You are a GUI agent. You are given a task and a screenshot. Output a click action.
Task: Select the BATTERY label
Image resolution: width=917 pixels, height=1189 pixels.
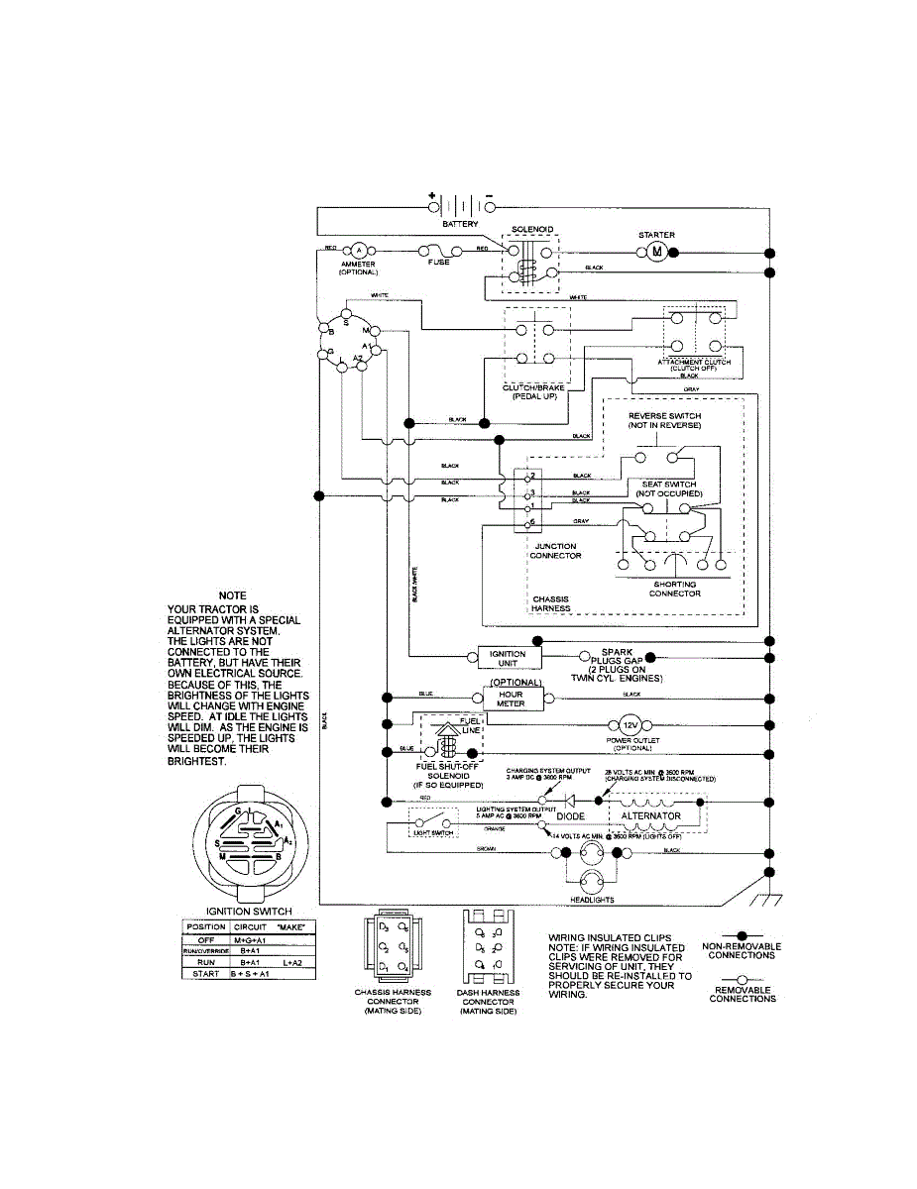460,225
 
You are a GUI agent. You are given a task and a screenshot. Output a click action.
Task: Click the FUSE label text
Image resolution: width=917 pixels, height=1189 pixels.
438,263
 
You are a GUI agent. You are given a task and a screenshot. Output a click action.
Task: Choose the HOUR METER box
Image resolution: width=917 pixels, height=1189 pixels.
511,700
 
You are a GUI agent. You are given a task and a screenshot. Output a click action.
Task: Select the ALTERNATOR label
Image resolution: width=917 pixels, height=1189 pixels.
650,815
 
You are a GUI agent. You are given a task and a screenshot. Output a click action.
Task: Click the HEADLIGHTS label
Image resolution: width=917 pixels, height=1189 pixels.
592,900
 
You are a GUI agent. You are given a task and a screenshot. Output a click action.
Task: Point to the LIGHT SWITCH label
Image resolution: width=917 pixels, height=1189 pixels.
432,833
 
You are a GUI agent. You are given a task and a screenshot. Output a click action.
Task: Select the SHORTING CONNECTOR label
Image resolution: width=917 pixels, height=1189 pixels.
675,589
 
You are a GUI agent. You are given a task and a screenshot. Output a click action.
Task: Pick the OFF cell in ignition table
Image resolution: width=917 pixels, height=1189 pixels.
206,938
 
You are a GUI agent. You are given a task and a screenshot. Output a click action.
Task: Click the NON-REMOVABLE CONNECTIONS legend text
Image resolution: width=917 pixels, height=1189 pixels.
742,951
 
